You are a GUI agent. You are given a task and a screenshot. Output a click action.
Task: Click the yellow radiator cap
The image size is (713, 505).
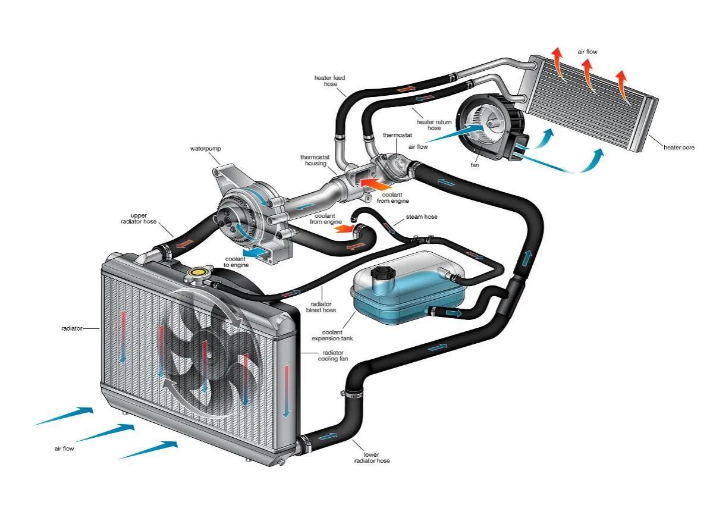pyautogui.click(x=195, y=274)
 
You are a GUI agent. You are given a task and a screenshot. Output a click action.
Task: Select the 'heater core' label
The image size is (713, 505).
pyautogui.click(x=679, y=148)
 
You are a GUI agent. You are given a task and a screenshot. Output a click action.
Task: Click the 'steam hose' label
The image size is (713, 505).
pyautogui.click(x=422, y=217)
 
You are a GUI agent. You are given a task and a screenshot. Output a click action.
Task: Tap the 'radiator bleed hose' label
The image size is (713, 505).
pyautogui.click(x=321, y=306)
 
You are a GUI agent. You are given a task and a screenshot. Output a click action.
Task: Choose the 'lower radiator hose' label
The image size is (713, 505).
pyautogui.click(x=372, y=458)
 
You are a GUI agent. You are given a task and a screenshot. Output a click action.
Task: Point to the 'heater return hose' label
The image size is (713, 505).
pyautogui.click(x=435, y=125)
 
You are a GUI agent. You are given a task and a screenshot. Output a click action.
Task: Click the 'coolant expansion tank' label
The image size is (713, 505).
pyautogui.click(x=332, y=335)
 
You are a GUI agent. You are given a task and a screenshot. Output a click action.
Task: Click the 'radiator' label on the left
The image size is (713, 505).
pyautogui.click(x=71, y=328)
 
